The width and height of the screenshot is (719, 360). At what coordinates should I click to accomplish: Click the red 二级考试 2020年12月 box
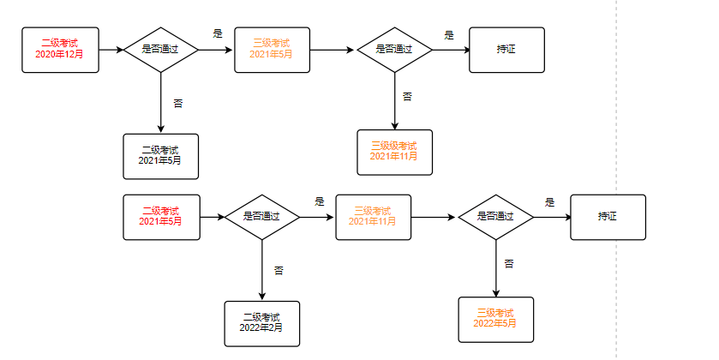[60, 49]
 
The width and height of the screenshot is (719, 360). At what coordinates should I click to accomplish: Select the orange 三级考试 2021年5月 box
[272, 49]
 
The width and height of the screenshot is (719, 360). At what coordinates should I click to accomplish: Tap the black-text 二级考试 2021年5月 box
[160, 156]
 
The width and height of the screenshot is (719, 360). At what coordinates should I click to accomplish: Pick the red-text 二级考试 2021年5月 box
[161, 217]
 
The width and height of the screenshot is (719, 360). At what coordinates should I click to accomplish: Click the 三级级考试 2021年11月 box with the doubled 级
[394, 152]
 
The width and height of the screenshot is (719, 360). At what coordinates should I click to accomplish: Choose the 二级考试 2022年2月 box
[261, 323]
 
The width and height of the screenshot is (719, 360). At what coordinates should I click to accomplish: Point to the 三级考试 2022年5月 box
[495, 319]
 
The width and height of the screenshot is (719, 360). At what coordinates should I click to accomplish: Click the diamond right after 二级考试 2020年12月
[161, 49]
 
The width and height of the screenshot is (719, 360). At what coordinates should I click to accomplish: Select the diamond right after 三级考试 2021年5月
[394, 49]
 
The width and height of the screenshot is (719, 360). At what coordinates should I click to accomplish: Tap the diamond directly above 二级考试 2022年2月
[262, 217]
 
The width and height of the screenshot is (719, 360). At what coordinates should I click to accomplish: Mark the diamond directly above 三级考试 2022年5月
[495, 217]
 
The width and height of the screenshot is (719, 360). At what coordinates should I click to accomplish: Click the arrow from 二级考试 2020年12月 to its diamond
[111, 49]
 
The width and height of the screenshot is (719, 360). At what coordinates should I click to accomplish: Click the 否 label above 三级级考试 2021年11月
[407, 96]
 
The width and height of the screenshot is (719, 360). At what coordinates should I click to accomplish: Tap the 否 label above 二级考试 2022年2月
[279, 270]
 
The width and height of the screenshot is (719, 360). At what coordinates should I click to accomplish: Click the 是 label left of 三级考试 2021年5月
[217, 34]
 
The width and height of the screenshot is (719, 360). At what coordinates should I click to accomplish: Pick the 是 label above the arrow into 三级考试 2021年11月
[319, 202]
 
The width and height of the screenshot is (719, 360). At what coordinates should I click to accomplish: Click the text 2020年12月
[60, 54]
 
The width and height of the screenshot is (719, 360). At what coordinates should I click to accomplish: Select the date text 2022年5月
[495, 323]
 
